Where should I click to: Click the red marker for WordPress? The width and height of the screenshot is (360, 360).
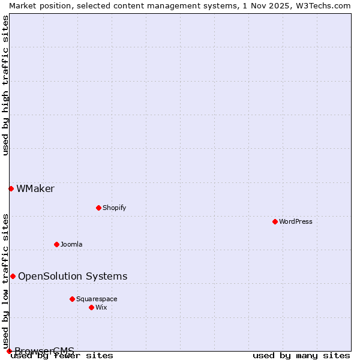coord(275,221)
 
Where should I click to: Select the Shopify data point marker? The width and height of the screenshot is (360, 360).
coord(98,208)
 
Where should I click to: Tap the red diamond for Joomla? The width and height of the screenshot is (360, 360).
coord(56,244)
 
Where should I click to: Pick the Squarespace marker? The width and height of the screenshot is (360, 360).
coord(72,299)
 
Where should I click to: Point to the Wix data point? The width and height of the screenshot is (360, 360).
coord(91,307)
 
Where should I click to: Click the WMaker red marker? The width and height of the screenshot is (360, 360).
coord(11,188)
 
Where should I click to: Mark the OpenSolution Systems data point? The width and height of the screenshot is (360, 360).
coord(13,276)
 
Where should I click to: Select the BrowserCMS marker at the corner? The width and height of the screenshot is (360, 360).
coord(9,351)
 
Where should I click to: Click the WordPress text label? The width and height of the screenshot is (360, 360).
coord(296,221)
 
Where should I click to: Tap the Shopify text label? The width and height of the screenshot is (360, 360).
coord(114,208)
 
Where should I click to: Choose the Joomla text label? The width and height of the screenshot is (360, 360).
coord(71,244)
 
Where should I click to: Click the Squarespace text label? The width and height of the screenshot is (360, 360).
coord(97,299)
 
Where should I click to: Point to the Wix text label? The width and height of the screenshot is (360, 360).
coord(101,307)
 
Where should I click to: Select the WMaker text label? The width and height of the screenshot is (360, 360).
coord(35,188)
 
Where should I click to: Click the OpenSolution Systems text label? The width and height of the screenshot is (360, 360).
coord(73,276)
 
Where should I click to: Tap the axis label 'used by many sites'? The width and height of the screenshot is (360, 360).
coord(301,356)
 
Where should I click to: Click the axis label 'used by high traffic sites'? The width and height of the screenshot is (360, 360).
coord(6,85)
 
